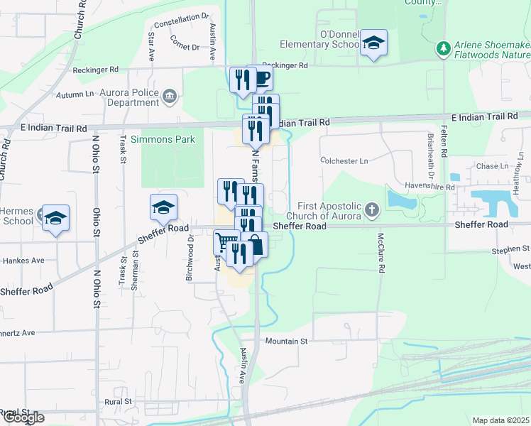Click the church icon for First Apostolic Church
point(372,210)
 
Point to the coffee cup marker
point(261,78)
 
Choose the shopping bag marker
point(255,245)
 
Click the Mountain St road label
point(286,342)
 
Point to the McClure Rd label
point(381,253)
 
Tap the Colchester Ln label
point(344,161)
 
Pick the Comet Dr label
point(185,47)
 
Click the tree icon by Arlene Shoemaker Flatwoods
point(444,48)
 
